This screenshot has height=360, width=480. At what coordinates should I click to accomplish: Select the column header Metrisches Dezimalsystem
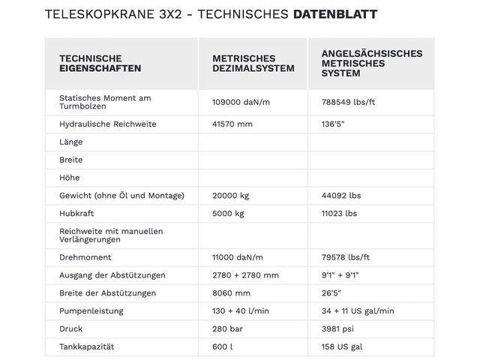(243, 64)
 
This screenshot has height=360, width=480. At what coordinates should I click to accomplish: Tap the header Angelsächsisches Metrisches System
(371, 63)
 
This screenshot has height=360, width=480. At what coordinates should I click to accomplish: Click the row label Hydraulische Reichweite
(107, 124)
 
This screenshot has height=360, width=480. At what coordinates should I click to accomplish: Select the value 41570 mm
(232, 124)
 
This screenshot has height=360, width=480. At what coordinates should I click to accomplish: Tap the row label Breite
(70, 160)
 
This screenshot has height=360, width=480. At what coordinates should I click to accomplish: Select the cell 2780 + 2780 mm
(245, 275)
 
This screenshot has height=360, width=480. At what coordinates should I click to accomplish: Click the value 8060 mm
(231, 293)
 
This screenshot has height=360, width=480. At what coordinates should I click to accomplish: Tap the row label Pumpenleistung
(91, 311)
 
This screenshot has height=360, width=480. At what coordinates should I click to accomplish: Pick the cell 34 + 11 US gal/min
(357, 311)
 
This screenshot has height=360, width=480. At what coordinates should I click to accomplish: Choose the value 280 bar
(229, 329)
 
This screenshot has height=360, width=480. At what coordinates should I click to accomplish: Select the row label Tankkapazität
(85, 347)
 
